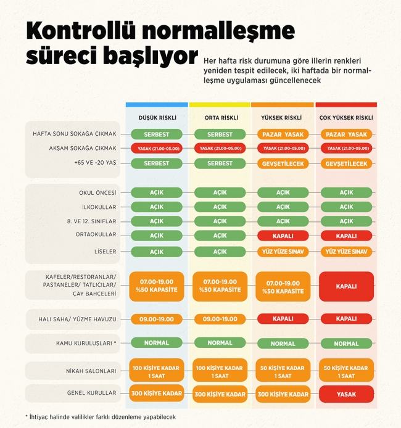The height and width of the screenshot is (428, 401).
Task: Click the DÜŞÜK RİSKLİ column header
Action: (x=157, y=117)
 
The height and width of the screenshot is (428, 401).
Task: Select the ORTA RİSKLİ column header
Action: (x=220, y=117)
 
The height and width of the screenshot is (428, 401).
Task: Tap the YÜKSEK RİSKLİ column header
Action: (x=283, y=117)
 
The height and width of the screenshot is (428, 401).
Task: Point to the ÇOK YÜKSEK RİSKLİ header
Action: (x=345, y=117)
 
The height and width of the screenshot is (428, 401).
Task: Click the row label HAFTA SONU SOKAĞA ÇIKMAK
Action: (x=75, y=134)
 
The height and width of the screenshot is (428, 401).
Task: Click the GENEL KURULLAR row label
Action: (x=91, y=393)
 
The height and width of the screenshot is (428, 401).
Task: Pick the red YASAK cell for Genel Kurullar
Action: (x=346, y=393)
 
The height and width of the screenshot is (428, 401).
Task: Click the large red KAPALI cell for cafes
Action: (x=346, y=286)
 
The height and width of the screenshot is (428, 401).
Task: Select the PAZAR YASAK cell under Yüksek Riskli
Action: (x=283, y=134)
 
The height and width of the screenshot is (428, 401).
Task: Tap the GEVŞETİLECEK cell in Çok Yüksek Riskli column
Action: (x=346, y=163)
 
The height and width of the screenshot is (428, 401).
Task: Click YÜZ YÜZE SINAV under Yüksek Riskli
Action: (x=283, y=251)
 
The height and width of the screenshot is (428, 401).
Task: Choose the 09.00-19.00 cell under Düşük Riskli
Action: (x=157, y=319)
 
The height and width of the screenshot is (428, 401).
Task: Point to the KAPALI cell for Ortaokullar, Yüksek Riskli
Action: (x=283, y=236)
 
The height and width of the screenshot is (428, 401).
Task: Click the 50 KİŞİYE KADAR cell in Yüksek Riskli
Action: (x=283, y=371)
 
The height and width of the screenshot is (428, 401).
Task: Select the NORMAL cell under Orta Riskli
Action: (x=220, y=343)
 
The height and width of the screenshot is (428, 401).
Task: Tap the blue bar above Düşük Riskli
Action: (x=157, y=105)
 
